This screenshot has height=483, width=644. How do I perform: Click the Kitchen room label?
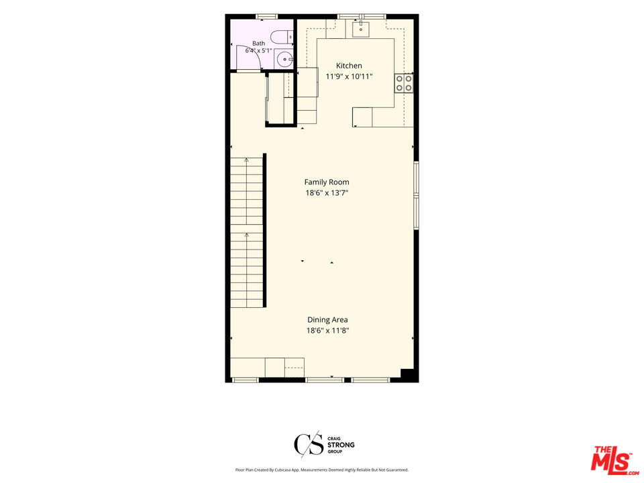[x=349, y=66]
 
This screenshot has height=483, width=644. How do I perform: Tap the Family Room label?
[x=327, y=182]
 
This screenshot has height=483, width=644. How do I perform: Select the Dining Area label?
[x=327, y=319]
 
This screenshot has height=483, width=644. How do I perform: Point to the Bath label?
[x=259, y=43]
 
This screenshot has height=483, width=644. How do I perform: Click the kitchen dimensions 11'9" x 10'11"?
[x=349, y=76]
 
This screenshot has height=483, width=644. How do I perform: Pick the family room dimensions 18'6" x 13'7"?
[x=327, y=193]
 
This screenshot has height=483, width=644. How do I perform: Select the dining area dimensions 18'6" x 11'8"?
[x=327, y=331]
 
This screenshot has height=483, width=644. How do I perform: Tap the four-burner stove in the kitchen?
[x=404, y=83]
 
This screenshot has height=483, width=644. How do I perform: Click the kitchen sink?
[x=361, y=29]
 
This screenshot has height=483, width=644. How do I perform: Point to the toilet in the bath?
[x=283, y=37]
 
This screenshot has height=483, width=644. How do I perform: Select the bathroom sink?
[x=284, y=60]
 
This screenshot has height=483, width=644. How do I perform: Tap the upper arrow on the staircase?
[x=246, y=191]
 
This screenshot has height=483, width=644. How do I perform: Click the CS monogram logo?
[x=309, y=444]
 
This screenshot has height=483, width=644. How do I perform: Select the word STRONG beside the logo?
[x=341, y=445]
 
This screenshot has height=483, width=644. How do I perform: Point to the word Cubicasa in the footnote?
[x=280, y=470]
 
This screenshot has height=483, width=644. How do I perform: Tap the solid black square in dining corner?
[x=407, y=374]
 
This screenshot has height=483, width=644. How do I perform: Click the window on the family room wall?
[x=417, y=195]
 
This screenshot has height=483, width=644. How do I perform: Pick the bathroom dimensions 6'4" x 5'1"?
[x=259, y=51]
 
